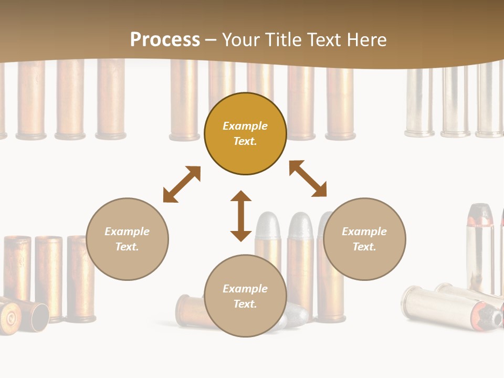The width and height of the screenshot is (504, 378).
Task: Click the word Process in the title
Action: click(x=165, y=39)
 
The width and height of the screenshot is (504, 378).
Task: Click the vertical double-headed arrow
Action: click(x=241, y=216)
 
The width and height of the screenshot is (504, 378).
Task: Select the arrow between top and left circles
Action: click(x=182, y=184)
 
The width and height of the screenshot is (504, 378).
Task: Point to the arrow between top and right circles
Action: click(x=308, y=179)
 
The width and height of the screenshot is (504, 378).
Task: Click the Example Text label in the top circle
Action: click(x=245, y=133)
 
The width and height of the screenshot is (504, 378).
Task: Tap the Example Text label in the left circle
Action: click(x=127, y=239)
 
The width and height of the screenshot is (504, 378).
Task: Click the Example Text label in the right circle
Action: click(x=364, y=239)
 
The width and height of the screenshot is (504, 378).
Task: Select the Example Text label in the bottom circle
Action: click(x=245, y=296)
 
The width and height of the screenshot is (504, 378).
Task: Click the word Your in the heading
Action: click(x=242, y=39)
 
